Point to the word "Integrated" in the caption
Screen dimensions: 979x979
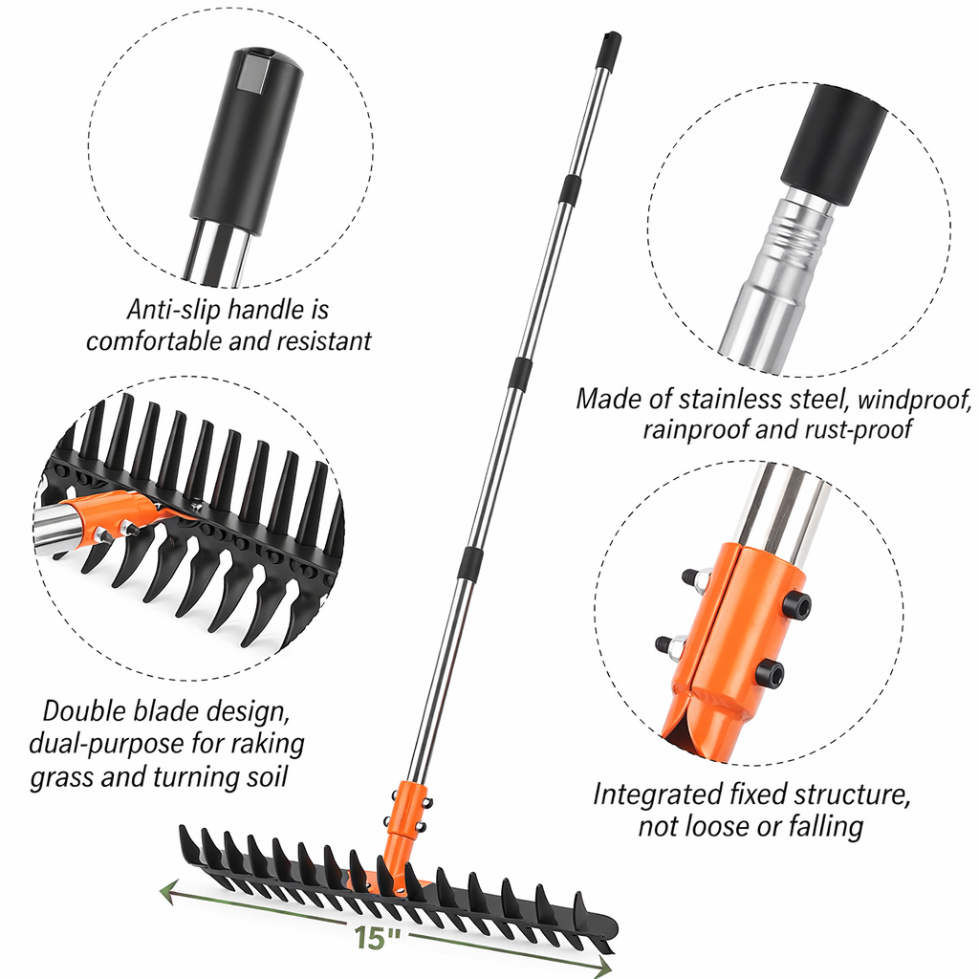[x=656, y=794]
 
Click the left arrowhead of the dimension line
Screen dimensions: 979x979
[x=168, y=892]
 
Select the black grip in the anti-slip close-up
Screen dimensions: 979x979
[x=248, y=141]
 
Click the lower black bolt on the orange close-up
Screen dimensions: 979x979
[x=770, y=672]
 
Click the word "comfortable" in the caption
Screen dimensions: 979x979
[x=154, y=341]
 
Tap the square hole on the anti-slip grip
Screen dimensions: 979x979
[x=251, y=73]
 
